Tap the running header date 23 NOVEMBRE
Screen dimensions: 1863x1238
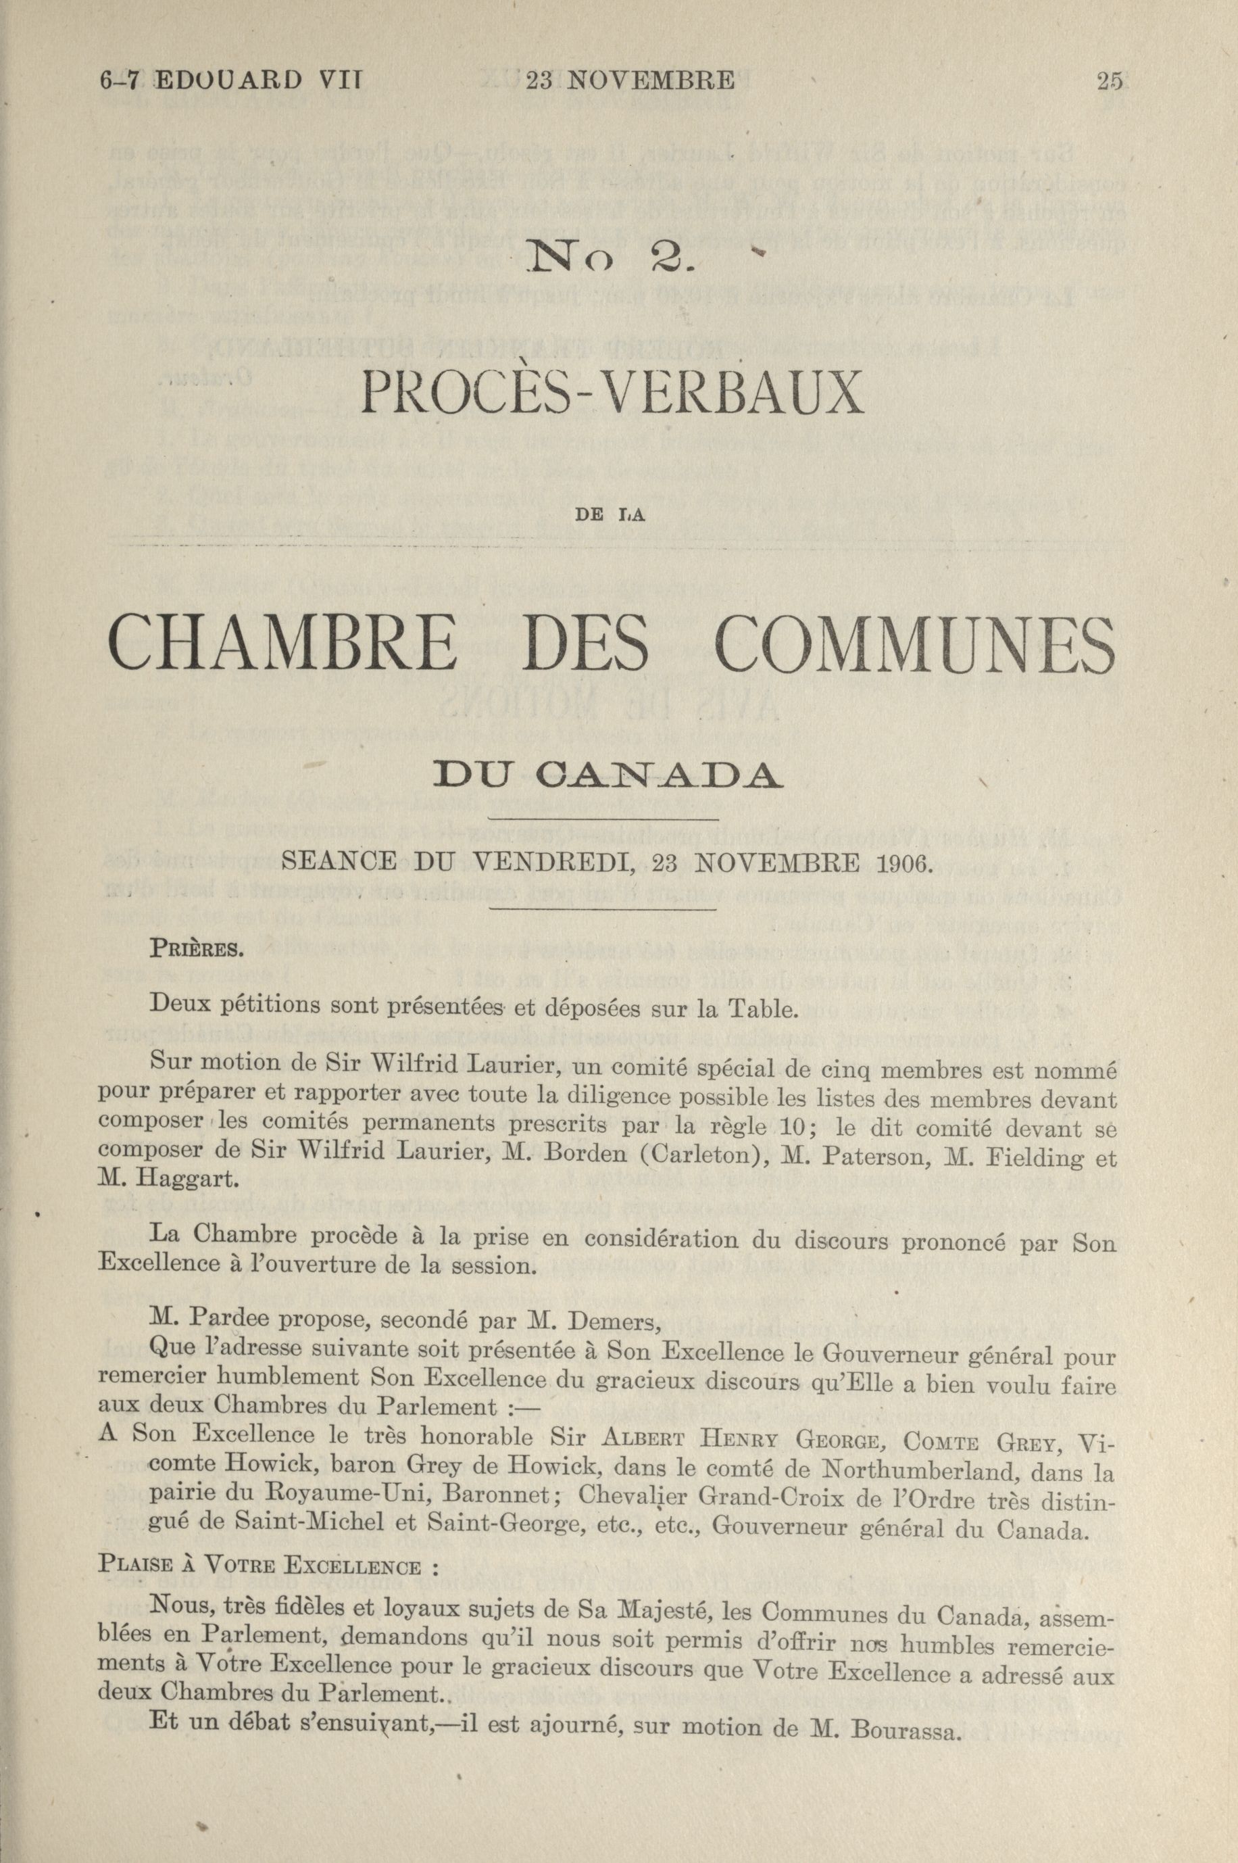630,80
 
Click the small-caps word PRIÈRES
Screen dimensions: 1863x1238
194,948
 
